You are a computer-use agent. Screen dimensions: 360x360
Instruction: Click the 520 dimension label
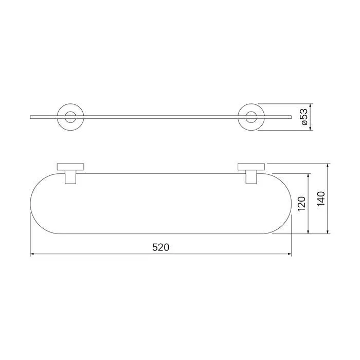[160, 247]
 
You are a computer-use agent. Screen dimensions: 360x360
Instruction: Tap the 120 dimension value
[302, 204]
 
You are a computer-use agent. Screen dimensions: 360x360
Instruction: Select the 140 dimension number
[321, 199]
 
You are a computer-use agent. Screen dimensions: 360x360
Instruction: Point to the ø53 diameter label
[304, 117]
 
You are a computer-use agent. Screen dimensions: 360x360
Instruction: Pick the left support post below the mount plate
[70, 177]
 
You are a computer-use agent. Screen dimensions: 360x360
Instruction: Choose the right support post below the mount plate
[251, 177]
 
